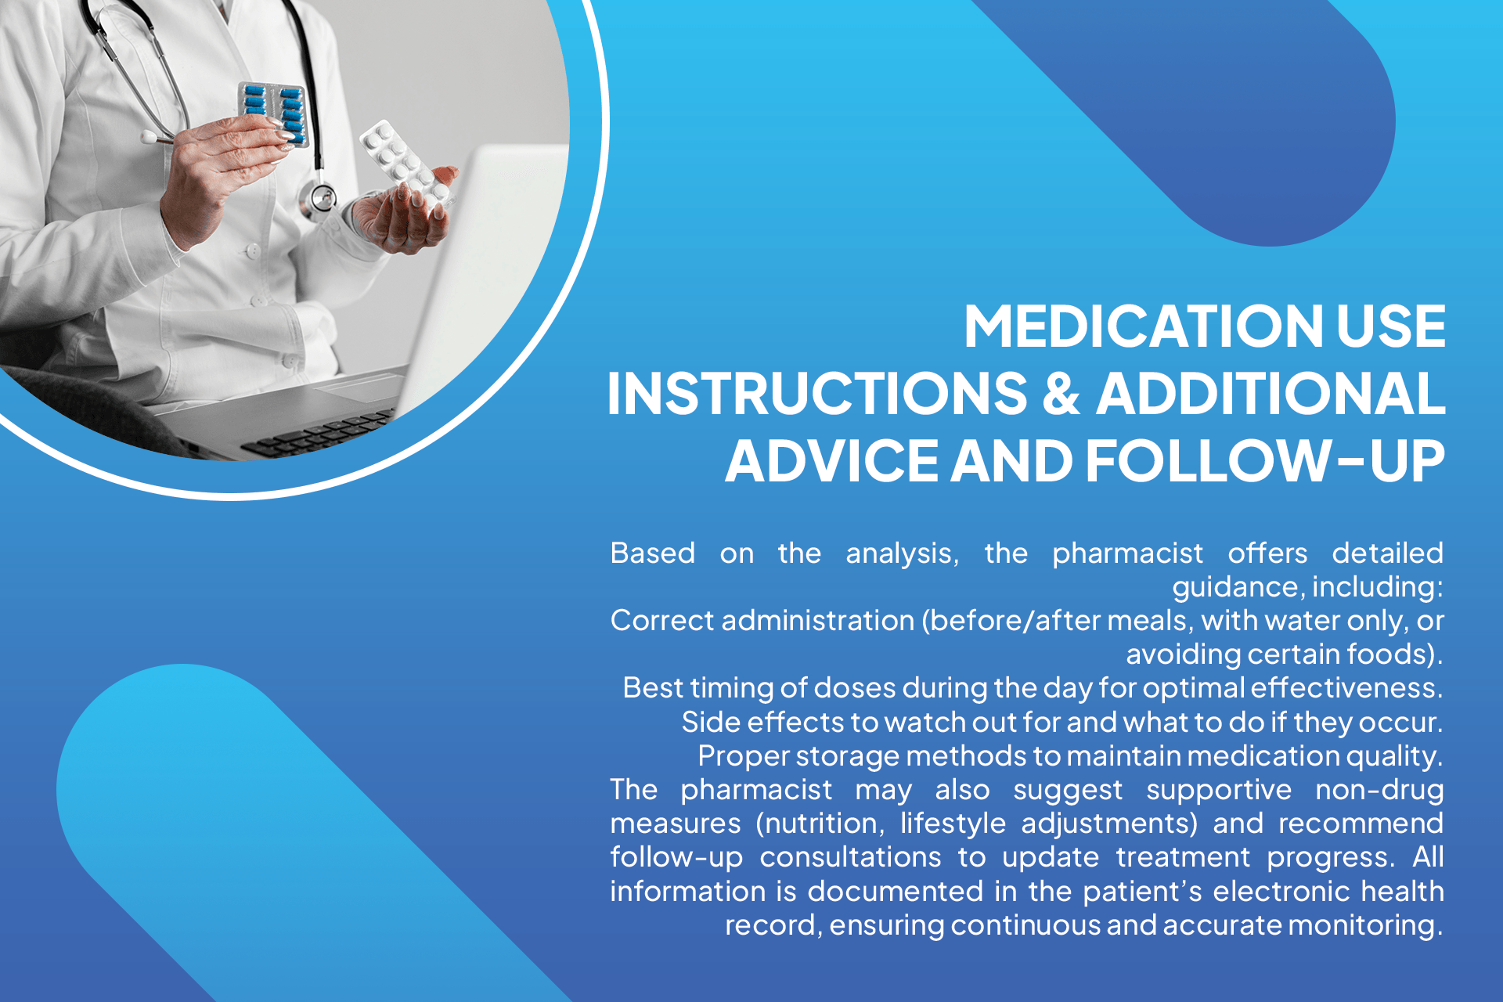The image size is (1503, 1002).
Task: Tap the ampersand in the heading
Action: pyautogui.click(x=1061, y=393)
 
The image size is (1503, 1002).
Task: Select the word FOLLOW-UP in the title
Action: pyautogui.click(x=1265, y=461)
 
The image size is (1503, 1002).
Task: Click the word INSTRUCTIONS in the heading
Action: pyautogui.click(x=816, y=393)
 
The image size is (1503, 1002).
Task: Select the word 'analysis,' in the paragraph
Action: pyautogui.click(x=902, y=553)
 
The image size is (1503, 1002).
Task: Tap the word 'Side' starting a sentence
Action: pyautogui.click(x=710, y=722)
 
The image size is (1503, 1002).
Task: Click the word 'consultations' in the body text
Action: pyautogui.click(x=850, y=857)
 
